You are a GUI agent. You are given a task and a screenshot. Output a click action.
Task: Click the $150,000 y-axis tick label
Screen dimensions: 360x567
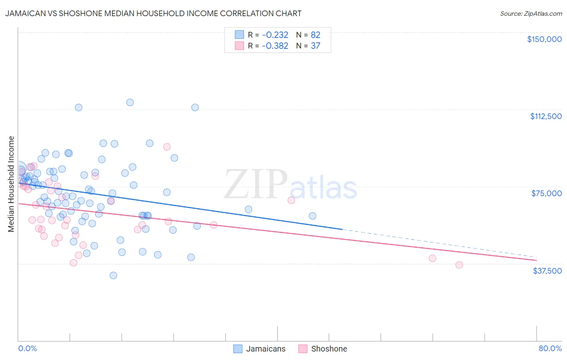544,39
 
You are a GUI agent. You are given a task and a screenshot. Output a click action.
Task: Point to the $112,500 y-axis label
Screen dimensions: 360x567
546,116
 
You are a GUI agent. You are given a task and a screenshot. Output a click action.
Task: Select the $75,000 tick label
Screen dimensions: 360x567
546,193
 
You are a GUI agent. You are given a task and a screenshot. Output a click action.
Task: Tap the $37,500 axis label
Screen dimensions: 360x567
547,271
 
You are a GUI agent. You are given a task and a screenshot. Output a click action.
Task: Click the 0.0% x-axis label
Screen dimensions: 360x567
27,349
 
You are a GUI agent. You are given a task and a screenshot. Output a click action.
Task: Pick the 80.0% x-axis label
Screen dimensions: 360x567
550,349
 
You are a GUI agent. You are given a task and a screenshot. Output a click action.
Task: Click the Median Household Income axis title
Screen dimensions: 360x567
11,184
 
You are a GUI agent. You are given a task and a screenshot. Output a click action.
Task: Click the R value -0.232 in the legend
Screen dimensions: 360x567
275,35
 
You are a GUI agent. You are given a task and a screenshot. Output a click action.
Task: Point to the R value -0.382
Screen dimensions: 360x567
275,46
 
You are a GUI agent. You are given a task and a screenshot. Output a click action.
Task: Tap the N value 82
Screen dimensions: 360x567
315,35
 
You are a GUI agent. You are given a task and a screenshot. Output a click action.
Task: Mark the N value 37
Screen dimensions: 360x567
315,46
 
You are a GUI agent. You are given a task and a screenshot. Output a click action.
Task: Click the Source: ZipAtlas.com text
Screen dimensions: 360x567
531,14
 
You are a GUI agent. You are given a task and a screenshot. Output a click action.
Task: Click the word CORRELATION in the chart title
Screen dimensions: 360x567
242,13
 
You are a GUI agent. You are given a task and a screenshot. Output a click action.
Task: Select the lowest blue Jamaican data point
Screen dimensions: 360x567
113,276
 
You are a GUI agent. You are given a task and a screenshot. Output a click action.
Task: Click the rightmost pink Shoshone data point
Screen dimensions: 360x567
459,265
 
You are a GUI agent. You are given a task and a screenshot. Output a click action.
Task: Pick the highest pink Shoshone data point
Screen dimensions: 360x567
167,147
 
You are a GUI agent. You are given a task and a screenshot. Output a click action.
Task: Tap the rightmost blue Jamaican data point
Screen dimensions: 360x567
313,216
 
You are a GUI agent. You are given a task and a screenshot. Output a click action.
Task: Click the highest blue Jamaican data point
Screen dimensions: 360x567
130,103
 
